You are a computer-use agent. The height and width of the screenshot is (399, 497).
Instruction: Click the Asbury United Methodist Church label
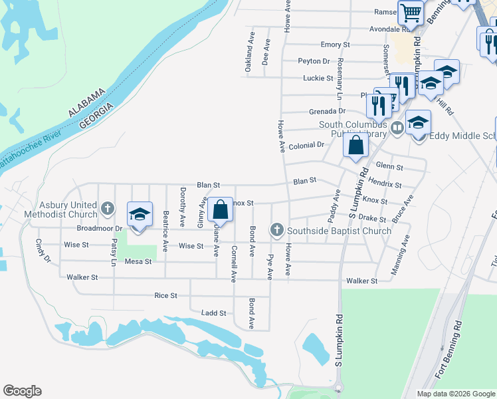coord(59,210)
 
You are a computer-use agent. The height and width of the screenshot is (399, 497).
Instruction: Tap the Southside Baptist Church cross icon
coord(277,230)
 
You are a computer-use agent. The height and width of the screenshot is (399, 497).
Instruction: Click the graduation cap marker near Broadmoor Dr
coord(140,215)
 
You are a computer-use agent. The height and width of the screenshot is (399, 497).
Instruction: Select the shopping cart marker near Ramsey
coord(411,12)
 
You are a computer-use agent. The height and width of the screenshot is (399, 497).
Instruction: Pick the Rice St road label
coord(165,295)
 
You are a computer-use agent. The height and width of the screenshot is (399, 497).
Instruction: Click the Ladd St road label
coord(214,313)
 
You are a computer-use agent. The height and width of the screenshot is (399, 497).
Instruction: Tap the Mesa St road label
coord(138,261)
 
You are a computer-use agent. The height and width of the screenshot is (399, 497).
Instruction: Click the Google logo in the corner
coord(22,391)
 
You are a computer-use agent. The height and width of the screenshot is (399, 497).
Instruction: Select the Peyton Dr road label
coord(314,61)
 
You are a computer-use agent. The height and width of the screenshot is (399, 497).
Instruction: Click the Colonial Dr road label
coord(306,144)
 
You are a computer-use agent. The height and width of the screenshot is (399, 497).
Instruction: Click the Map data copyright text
coord(456,393)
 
